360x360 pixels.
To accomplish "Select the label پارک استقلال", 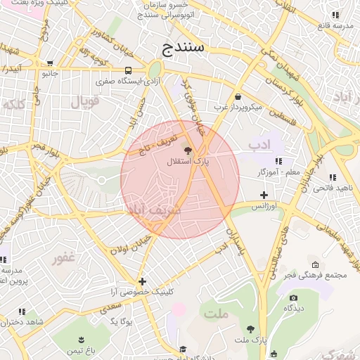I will click(x=188, y=161).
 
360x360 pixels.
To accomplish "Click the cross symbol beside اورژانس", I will click(x=264, y=195).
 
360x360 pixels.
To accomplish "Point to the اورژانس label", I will click(x=264, y=206).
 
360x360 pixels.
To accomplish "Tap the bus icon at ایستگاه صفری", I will click(x=128, y=71).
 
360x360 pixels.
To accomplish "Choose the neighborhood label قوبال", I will click(x=85, y=101).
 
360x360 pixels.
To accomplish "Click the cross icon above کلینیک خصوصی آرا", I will click(x=142, y=281).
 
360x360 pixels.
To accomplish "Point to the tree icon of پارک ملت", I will click(x=250, y=328).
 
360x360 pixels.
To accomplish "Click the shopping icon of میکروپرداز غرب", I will click(x=238, y=96).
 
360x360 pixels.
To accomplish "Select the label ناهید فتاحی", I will click(x=331, y=188).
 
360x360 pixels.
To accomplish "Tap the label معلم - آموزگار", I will click(x=278, y=172).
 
